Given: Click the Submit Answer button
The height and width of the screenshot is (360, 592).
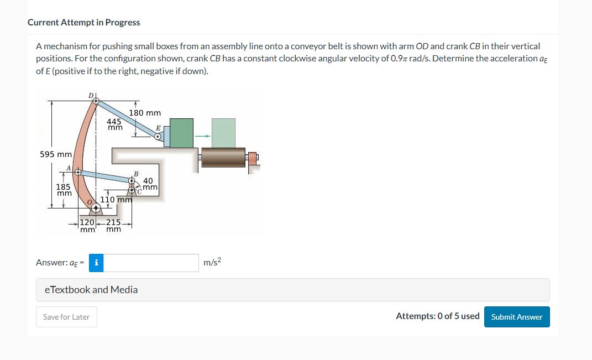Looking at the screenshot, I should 517,317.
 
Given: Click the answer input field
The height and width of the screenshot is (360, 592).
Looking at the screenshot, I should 151,263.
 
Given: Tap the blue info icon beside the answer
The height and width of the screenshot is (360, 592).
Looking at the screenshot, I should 97,263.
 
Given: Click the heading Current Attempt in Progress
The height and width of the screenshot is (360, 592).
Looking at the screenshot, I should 83,23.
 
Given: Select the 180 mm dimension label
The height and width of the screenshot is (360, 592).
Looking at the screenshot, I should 145,113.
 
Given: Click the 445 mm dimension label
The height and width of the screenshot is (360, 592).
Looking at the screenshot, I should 114,124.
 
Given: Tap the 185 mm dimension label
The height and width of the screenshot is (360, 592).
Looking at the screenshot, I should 64,190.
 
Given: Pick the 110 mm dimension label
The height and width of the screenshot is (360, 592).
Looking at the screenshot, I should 116,200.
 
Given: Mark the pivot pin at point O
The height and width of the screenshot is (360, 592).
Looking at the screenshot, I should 97,208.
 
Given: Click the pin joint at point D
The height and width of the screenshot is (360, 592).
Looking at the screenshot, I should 96,101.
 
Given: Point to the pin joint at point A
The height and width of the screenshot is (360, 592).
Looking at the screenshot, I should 78,173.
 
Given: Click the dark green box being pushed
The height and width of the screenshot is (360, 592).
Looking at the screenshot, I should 181,133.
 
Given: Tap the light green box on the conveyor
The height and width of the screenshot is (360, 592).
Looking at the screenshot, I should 223,133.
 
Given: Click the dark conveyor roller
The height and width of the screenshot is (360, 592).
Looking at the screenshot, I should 223,157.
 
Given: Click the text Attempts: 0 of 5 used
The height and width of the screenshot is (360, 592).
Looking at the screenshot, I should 437,316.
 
